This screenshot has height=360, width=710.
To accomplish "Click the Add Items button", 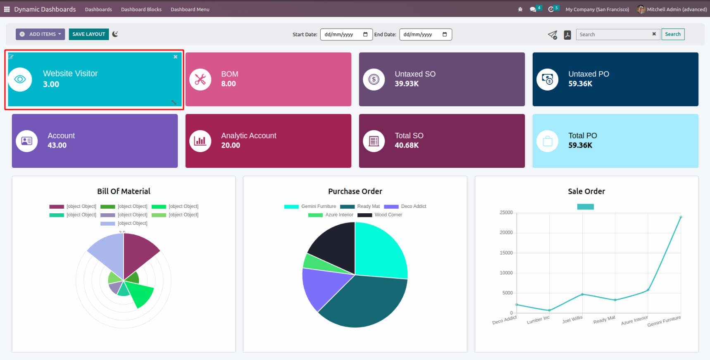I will pyautogui.click(x=41, y=34).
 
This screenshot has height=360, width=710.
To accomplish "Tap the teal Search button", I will pyautogui.click(x=672, y=34).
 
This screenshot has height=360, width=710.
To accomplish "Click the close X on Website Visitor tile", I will pyautogui.click(x=176, y=57).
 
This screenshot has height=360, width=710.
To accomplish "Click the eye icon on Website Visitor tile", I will pyautogui.click(x=20, y=79).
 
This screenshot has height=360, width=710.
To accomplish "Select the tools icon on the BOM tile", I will pyautogui.click(x=200, y=79).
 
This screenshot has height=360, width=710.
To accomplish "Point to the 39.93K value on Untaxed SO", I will pyautogui.click(x=407, y=84).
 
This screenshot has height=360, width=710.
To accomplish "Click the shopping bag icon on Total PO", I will pyautogui.click(x=548, y=141).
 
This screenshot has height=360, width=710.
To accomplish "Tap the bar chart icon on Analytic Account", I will pyautogui.click(x=200, y=141).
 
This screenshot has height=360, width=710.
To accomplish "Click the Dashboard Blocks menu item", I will pyautogui.click(x=141, y=10).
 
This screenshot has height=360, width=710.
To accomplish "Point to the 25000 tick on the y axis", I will pyautogui.click(x=506, y=212).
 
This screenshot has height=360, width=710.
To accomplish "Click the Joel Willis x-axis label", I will pyautogui.click(x=572, y=319).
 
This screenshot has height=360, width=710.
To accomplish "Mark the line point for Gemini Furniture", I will pyautogui.click(x=681, y=217).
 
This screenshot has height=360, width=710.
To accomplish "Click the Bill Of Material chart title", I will pyautogui.click(x=124, y=191).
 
